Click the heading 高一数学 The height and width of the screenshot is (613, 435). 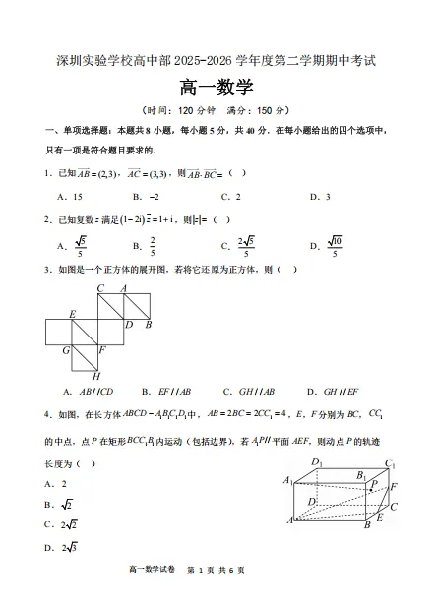pyautogui.click(x=217, y=88)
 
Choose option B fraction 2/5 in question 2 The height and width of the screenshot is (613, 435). pyautogui.click(x=153, y=246)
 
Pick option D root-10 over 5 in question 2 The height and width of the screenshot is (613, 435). pyautogui.click(x=333, y=246)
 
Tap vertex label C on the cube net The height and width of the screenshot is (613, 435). pyautogui.click(x=100, y=288)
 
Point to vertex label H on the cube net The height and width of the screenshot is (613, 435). pyautogui.click(x=95, y=376)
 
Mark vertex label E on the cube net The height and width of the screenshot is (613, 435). pyautogui.click(x=72, y=314)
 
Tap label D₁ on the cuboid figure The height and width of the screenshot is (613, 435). pyautogui.click(x=316, y=461)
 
